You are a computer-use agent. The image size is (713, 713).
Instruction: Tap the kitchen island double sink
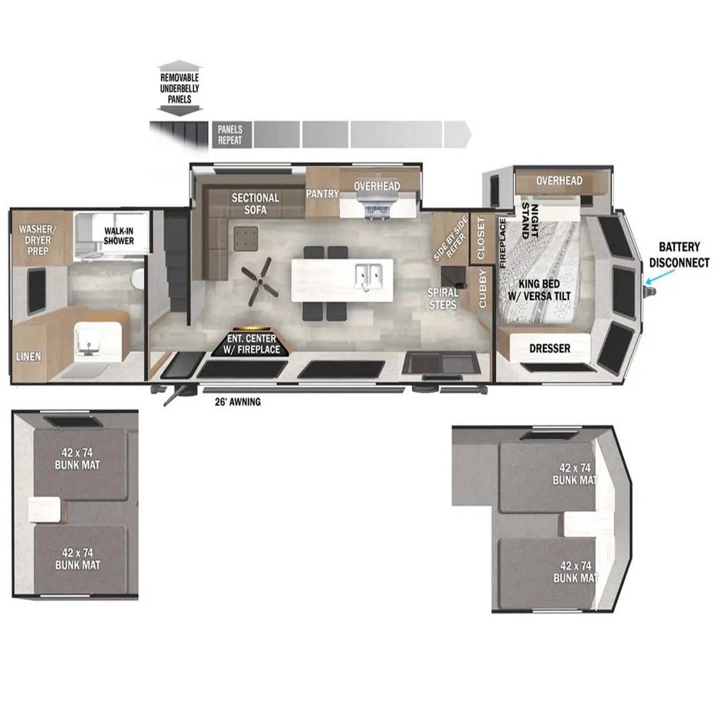pyautogui.click(x=368, y=274)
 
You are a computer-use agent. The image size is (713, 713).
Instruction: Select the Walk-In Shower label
pyautogui.click(x=118, y=236)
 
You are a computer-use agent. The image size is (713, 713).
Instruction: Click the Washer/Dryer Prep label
pyautogui.click(x=38, y=240)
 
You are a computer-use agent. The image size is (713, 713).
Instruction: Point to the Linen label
pyautogui.click(x=29, y=357)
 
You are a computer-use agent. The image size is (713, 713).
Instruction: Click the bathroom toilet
pyautogui.click(x=137, y=279)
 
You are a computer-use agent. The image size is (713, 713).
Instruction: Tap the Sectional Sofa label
pyautogui.click(x=255, y=204)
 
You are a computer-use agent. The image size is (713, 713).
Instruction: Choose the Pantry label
pyautogui.click(x=322, y=194)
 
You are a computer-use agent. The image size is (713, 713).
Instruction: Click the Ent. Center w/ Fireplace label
pyautogui.click(x=252, y=344)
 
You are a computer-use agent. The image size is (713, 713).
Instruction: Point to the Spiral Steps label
pyautogui.click(x=443, y=299)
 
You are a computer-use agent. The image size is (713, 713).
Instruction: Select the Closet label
pyautogui.click(x=481, y=238)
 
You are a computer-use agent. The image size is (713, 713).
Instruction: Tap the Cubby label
pyautogui.click(x=483, y=288)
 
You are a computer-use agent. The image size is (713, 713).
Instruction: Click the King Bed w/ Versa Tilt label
pyautogui.click(x=539, y=290)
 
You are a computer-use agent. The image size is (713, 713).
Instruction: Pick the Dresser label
pyautogui.click(x=550, y=349)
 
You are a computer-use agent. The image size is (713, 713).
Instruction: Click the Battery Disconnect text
pyautogui.click(x=680, y=255)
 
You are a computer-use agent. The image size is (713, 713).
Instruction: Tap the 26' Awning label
pyautogui.click(x=238, y=402)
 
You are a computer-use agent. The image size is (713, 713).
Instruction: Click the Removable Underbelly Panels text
pyautogui.click(x=180, y=88)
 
